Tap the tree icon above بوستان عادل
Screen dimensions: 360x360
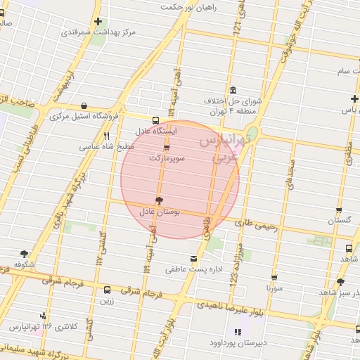coord(159,200)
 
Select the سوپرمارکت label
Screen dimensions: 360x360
coord(167,159)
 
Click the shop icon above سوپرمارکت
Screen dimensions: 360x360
coord(167,148)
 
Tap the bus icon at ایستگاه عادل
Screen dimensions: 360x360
coord(155,119)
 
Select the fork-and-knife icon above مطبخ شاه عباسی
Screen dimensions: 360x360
coord(107,136)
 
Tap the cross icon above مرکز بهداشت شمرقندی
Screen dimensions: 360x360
coord(97,21)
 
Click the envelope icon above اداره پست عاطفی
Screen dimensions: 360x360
coord(193,259)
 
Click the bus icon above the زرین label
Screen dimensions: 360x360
coord(107,290)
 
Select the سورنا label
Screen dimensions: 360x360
coord(274,288)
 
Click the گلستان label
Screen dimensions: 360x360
coord(339,221)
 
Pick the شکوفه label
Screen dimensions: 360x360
coord(25,264)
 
